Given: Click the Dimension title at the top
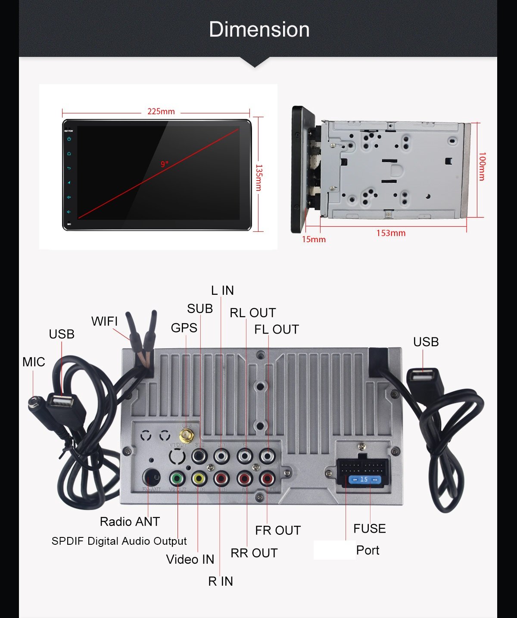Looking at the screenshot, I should click(259, 30).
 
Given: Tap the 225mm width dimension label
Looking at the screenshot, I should click(161, 111).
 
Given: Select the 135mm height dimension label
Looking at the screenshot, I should click(259, 177).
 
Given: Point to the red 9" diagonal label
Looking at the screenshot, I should click(165, 164).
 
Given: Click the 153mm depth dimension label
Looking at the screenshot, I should click(391, 233).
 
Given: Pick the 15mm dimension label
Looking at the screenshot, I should click(314, 240).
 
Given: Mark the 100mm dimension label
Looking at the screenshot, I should click(482, 166).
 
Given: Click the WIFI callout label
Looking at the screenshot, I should click(104, 321).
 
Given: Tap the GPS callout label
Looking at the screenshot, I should click(184, 328).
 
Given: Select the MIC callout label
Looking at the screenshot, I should click(34, 362).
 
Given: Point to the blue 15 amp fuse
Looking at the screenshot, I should click(364, 480).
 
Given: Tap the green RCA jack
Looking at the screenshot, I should click(177, 478).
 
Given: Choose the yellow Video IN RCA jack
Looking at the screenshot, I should click(199, 478).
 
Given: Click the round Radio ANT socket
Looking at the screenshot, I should click(151, 477).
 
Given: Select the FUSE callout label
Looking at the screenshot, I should click(369, 528).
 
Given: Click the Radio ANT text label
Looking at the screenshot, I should click(130, 522).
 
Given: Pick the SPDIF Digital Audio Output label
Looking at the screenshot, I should click(119, 541).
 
